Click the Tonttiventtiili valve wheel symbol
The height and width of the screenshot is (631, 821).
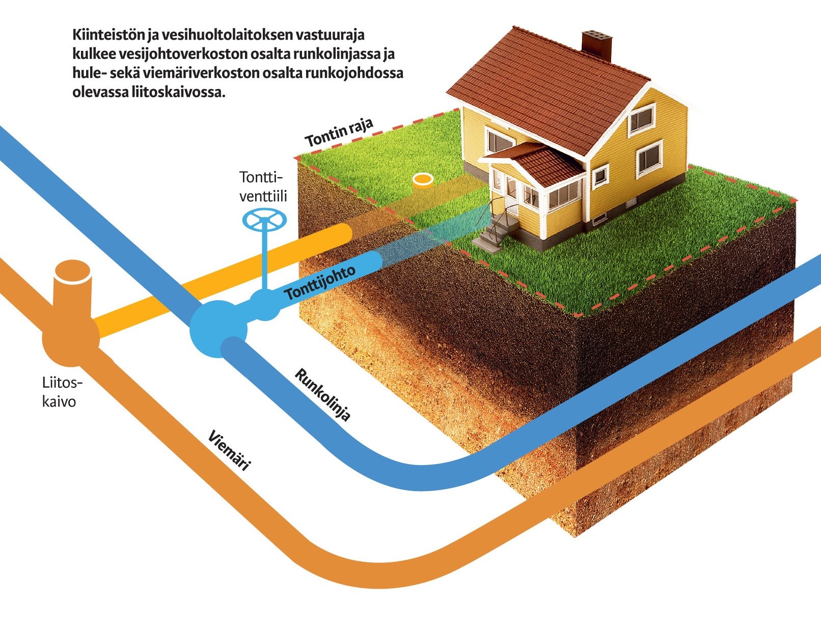tap(264, 220)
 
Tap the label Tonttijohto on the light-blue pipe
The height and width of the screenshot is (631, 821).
tap(320, 283)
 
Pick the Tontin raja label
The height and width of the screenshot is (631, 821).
tap(339, 132)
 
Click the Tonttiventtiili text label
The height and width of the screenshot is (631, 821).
tap(263, 187)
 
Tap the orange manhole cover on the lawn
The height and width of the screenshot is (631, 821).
tap(423, 180)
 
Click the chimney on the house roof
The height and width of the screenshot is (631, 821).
tap(596, 45)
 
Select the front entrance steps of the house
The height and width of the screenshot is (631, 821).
tap(495, 232)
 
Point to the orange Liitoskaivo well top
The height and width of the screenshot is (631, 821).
tap(73, 273)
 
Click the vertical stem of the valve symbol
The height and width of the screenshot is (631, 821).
tap(264, 260)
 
